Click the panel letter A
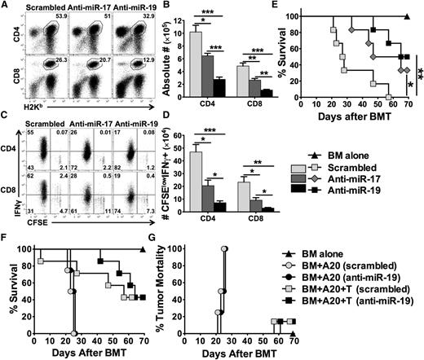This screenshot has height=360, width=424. pos(6,6)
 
